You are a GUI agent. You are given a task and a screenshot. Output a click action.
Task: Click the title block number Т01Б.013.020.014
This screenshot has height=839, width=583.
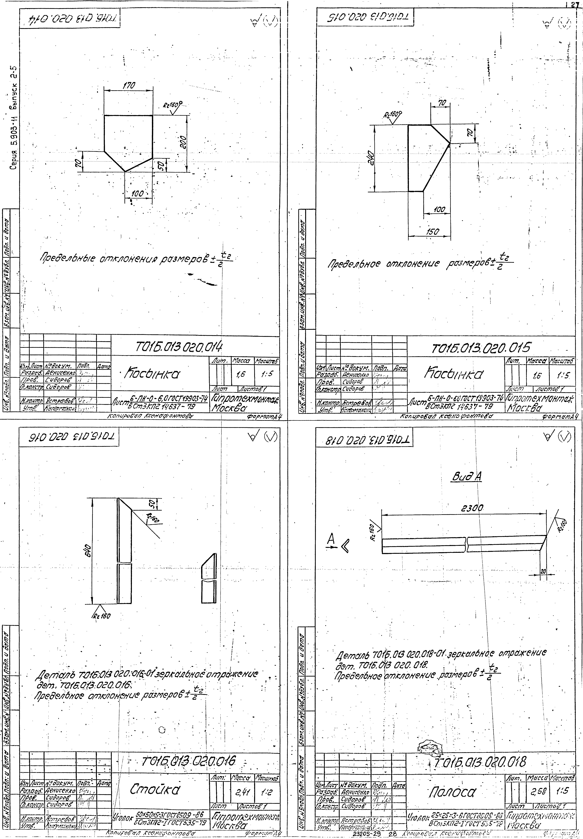179,346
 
